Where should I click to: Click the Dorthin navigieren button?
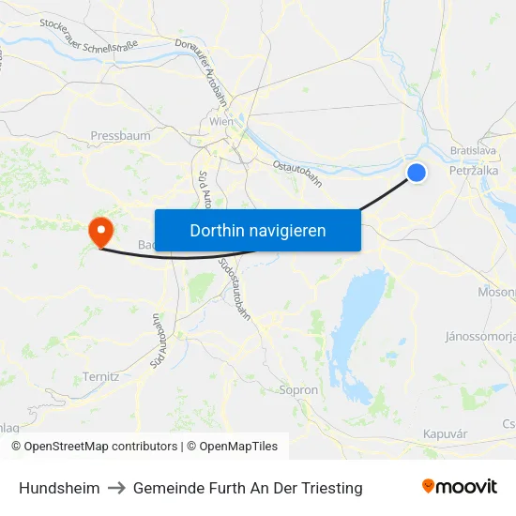257,230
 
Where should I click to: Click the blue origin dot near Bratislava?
417,172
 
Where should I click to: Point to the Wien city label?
221,122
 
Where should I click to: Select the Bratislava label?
472,150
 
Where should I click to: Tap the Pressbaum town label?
120,136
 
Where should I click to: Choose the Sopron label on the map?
299,389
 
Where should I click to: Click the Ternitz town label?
100,376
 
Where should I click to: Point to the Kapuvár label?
446,434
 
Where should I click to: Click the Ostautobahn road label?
297,173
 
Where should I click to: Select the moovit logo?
460,486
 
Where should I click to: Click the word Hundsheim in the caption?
58,488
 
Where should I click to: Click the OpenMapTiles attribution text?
233,447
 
